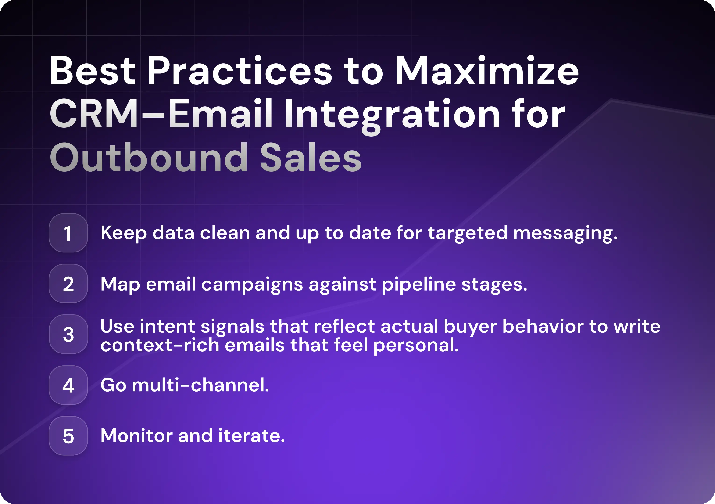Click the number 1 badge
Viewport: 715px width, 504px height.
pos(68,233)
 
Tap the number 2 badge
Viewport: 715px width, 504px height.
pos(68,284)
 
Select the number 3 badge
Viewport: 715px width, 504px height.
pos(68,334)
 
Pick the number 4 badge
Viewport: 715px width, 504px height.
pos(68,385)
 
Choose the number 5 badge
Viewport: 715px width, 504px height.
pos(68,436)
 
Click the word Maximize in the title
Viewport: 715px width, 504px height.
pos(487,71)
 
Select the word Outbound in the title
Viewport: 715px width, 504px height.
pos(149,157)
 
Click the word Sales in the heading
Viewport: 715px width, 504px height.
pos(311,157)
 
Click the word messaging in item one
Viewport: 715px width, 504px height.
pos(565,234)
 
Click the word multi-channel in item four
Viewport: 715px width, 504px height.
pos(200,385)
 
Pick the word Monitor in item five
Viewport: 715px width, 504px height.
pos(136,436)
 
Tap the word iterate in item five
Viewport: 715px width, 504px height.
pos(251,436)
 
